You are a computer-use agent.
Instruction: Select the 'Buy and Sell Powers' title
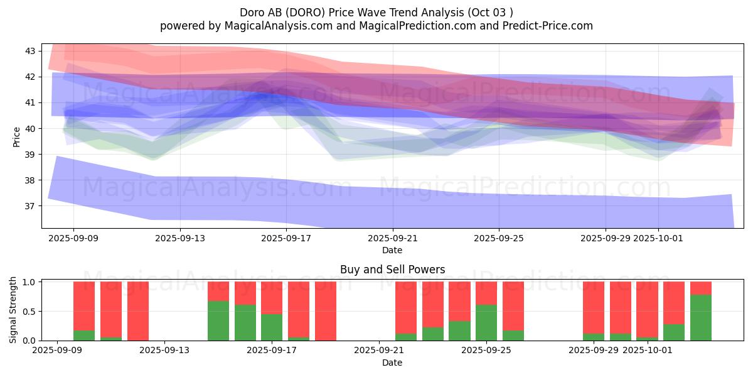coord(392,270)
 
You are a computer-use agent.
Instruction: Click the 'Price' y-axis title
coord(16,136)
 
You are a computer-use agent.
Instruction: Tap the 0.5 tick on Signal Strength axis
coord(28,312)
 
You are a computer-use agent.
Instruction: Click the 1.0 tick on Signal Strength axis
coord(28,282)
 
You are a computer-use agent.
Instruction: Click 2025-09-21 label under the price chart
coord(392,238)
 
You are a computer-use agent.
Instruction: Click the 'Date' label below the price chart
coord(392,250)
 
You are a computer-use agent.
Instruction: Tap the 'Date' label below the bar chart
coord(392,363)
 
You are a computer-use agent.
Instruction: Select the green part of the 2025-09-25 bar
coord(486,323)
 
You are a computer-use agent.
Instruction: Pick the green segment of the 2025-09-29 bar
coord(594,337)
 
